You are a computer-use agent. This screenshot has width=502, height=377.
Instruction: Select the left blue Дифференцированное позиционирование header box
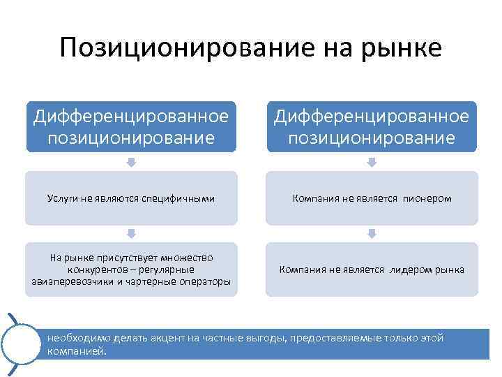131,126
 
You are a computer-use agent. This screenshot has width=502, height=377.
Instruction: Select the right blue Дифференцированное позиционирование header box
371,126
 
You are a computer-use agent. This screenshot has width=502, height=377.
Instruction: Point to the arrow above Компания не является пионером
372,162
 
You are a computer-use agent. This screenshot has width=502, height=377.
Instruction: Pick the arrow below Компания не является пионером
372,233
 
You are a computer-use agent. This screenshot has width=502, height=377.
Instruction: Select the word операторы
206,281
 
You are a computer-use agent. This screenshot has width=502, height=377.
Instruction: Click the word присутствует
121,258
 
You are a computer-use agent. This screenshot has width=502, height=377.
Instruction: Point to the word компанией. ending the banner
77,351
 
